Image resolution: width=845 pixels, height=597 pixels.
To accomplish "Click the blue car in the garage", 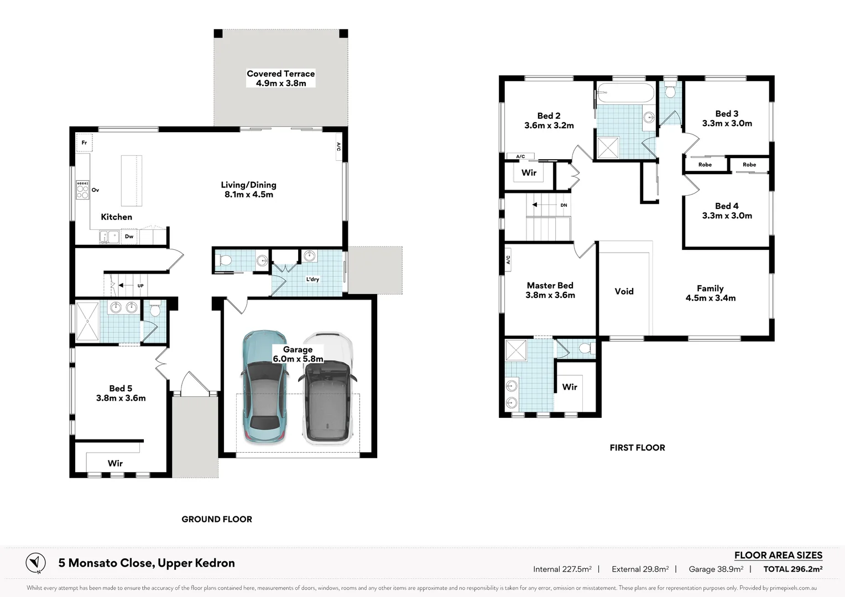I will (264, 387).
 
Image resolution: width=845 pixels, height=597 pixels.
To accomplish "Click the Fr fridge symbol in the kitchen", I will (84, 143).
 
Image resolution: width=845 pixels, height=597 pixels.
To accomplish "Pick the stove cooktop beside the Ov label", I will (82, 190).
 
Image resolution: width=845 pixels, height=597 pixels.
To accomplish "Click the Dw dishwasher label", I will (129, 237).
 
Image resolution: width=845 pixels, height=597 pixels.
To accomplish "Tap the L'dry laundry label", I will (312, 279).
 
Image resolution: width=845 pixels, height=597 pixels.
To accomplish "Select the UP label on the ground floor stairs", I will (140, 286).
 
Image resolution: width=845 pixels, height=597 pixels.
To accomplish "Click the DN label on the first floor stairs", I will (564, 205).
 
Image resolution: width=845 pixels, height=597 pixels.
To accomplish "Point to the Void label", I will (624, 291).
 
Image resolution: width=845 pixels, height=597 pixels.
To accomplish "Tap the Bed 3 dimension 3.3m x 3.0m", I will (727, 124).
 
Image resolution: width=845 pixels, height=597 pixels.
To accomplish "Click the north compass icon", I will (36, 563).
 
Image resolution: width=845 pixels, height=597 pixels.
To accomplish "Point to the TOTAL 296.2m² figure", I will (792, 569).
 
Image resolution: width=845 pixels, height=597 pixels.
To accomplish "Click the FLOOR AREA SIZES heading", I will (778, 555).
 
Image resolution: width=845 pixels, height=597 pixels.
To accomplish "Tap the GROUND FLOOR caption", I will (217, 519).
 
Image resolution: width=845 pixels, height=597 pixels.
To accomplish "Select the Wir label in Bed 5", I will (115, 463).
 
